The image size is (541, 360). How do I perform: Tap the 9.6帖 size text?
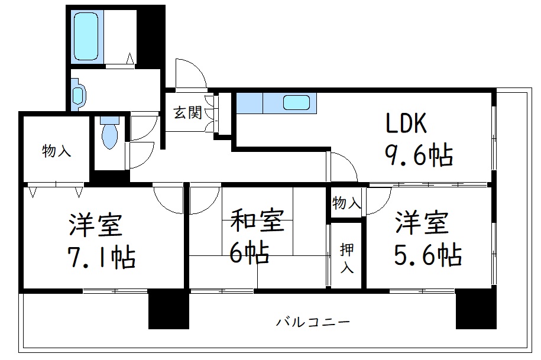pos(419,155)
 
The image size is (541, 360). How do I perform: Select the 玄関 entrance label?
pos(187,112)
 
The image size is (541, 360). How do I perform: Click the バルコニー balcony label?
pos(313,322)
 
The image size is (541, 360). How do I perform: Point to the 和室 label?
pos(257,221)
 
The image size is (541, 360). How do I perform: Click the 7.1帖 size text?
pos(101,257)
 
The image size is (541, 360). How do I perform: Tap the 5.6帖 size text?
pos(427,255)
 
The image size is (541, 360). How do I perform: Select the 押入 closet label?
pos(346,258)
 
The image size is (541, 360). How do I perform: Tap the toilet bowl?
pos(109,134)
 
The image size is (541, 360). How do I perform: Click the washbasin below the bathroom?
pos(79,95)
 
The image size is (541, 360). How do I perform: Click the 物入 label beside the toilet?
pos(57,151)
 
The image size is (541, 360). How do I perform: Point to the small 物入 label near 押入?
pos(347,204)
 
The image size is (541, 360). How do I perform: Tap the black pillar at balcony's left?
pos(168,309)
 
